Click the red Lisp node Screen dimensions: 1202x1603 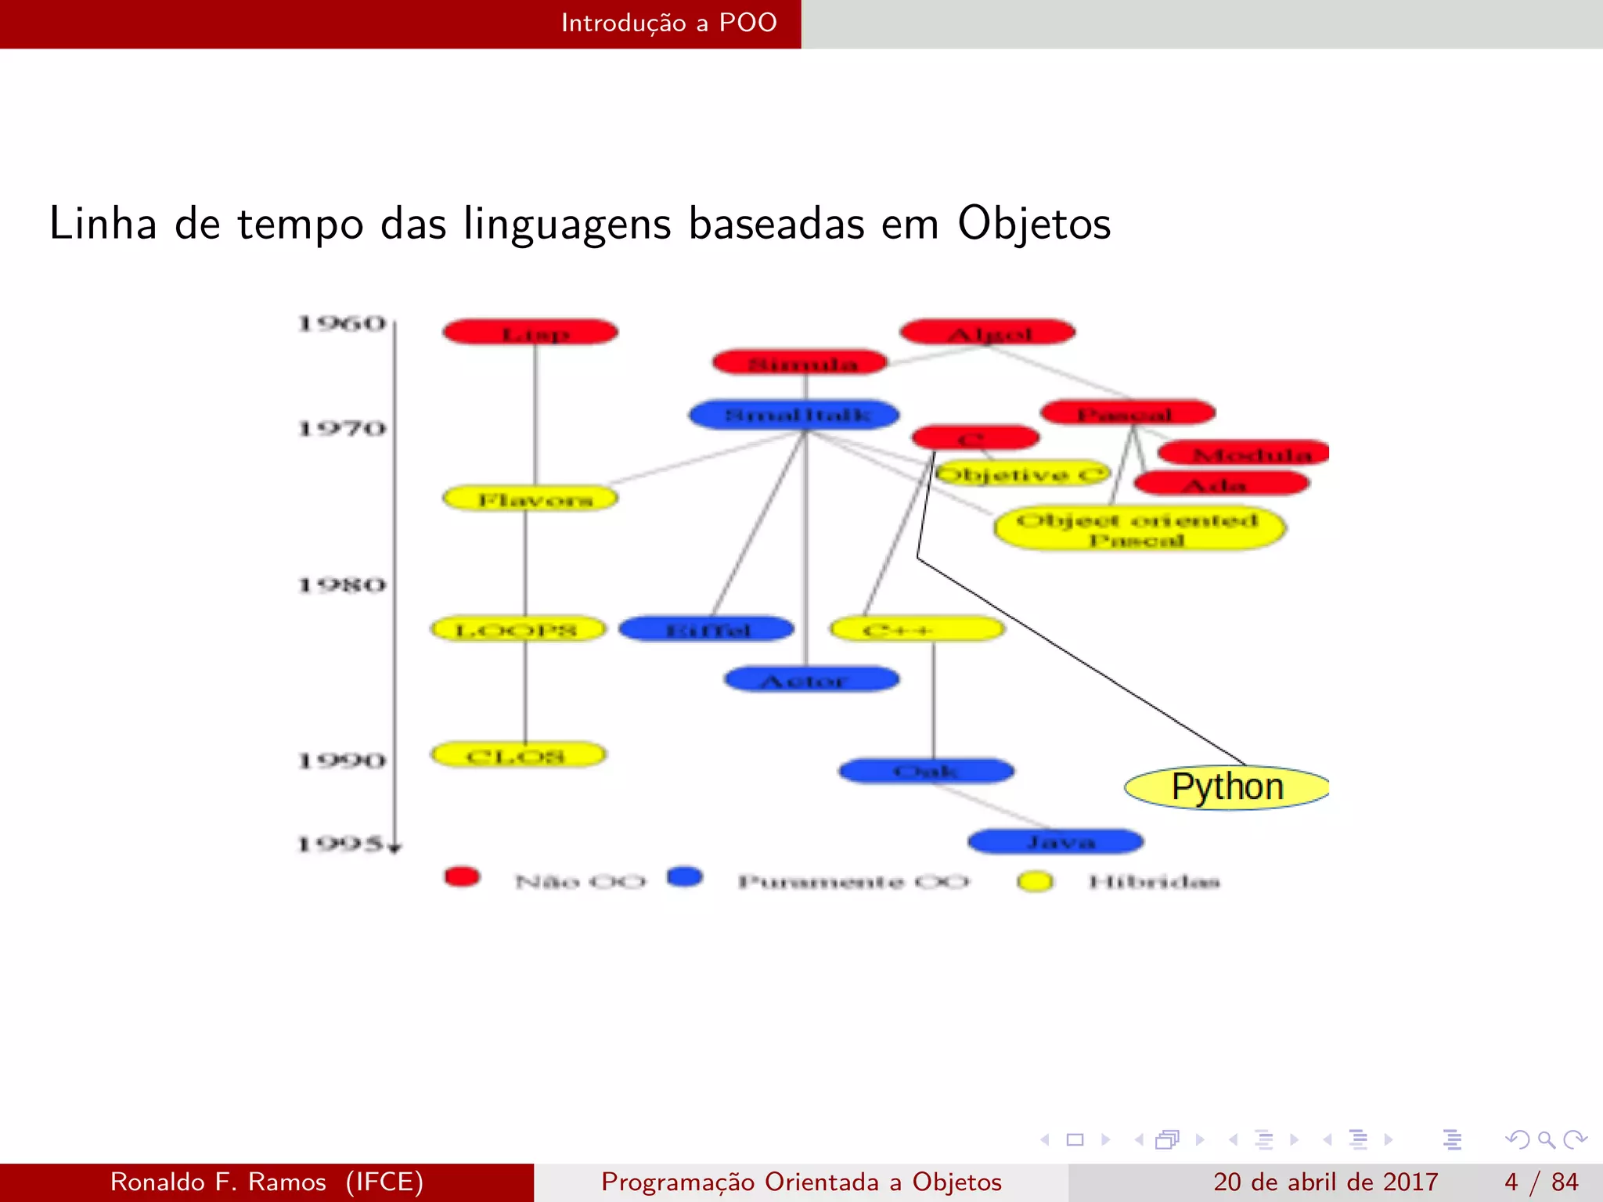[530, 333]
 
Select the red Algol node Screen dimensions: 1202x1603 [988, 333]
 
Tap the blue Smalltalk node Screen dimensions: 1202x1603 [794, 414]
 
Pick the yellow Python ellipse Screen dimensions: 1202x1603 [1227, 787]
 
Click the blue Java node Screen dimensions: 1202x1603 [1056, 842]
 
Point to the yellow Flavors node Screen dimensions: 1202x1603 [530, 498]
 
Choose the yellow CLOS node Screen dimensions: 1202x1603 [518, 755]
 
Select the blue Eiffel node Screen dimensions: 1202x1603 [706, 629]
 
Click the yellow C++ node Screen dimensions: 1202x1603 [917, 629]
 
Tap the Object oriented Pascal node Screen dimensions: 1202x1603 [1139, 529]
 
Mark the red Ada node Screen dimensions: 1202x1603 [1221, 484]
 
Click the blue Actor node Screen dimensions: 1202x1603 [812, 679]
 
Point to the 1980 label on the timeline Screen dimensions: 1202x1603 [342, 585]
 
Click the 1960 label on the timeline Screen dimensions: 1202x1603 [342, 323]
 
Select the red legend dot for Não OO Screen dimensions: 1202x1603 [462, 876]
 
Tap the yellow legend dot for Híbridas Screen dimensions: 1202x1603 [1035, 881]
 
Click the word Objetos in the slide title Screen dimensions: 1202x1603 [1034, 224]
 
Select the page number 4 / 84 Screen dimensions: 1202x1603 [1540, 1182]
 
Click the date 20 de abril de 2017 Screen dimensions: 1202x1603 [1325, 1182]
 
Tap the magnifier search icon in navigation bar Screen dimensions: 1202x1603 [1546, 1139]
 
